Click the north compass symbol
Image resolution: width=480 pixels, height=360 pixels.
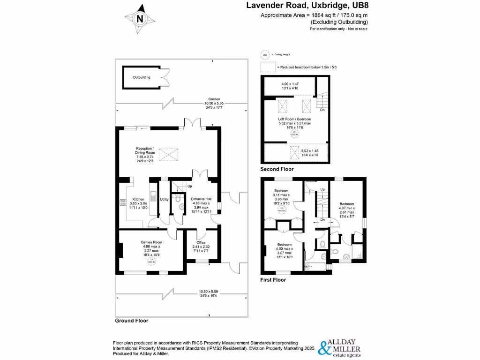(x=140, y=19)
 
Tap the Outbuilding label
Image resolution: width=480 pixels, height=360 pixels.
(x=141, y=77)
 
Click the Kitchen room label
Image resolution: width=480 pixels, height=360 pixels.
(x=138, y=199)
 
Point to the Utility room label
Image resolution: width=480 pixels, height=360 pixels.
(x=164, y=199)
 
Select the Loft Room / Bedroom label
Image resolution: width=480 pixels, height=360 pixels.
(x=294, y=119)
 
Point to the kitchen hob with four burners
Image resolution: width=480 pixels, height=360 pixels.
(x=123, y=202)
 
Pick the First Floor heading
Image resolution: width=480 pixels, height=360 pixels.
(x=273, y=280)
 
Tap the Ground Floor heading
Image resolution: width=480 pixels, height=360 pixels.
(x=132, y=321)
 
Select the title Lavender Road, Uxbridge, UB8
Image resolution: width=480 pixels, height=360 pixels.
(x=307, y=6)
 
